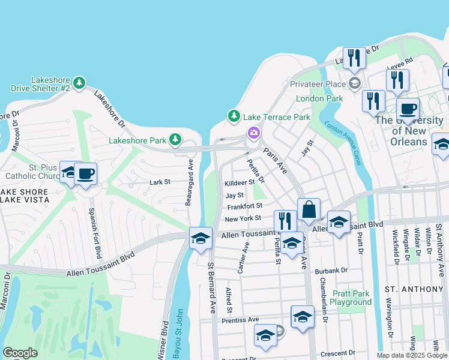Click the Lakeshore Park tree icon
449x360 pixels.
(175, 140)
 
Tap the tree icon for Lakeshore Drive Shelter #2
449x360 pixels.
(79, 82)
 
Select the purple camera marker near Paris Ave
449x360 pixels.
(253, 131)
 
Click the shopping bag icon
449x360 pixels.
(309, 210)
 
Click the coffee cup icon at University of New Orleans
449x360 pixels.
(408, 109)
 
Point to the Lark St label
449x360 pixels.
(160, 181)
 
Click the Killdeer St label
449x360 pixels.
(240, 182)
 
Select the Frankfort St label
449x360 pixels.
(244, 206)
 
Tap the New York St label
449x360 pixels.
(243, 218)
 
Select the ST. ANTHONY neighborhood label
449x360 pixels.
(414, 289)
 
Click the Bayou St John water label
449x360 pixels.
(178, 332)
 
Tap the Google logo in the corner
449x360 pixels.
(20, 353)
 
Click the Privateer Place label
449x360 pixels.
(318, 84)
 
